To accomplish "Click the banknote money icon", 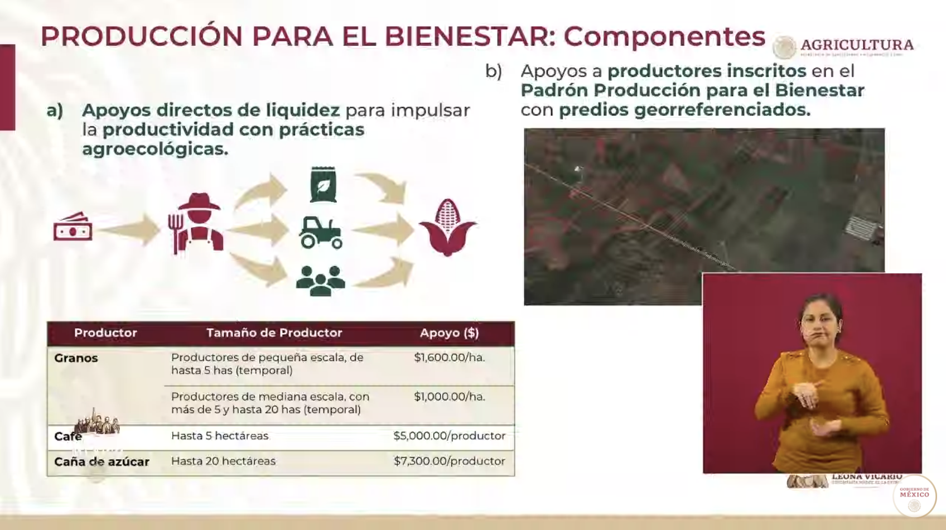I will (73, 227).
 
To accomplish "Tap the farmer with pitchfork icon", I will (196, 223).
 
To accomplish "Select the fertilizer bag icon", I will (323, 185).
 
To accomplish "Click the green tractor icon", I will (321, 232).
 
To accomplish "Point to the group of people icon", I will (320, 280).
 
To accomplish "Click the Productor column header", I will (105, 333).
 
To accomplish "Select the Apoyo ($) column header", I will (449, 333).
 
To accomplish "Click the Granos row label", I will (76, 358).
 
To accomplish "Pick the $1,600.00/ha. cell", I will (449, 358).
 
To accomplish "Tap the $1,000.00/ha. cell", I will (449, 397).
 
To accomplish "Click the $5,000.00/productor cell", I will (449, 436).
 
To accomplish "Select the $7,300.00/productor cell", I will (449, 461).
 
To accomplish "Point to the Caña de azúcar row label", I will (102, 462).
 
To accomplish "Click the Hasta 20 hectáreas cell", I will (223, 461).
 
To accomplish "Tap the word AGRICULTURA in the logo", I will (857, 45).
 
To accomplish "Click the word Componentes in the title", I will (664, 37).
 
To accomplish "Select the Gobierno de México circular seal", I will (914, 496).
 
